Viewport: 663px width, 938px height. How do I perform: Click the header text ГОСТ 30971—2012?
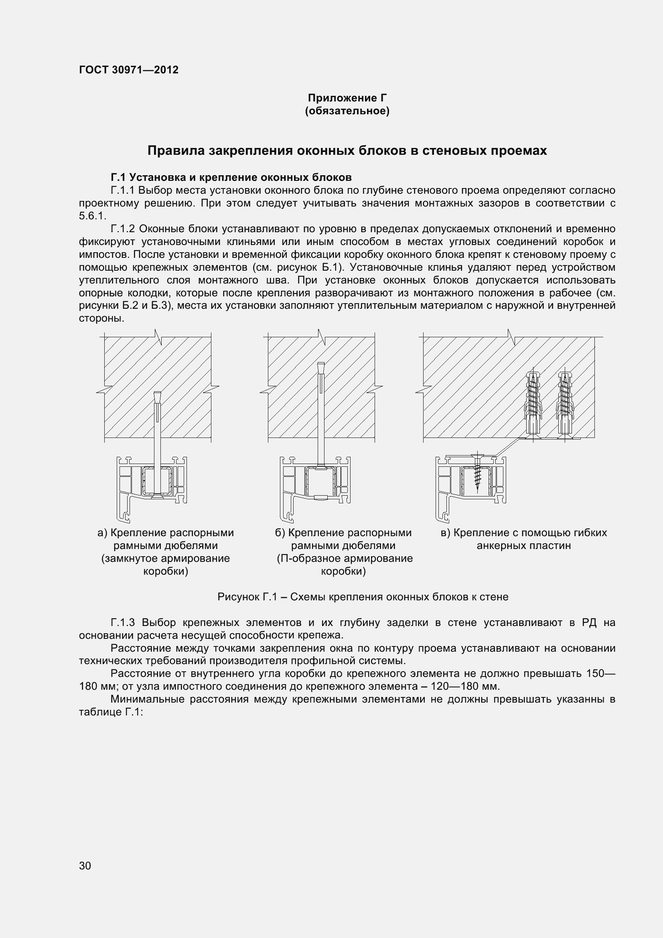129,70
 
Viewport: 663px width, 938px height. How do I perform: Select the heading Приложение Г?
347,98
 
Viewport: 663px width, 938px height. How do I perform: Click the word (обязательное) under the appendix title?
347,111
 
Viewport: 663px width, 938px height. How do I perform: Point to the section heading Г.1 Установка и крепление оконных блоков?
231,177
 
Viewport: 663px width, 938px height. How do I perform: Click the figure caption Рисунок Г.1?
363,597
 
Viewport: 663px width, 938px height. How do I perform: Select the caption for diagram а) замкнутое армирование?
165,551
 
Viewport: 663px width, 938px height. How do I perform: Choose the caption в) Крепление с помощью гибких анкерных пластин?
524,539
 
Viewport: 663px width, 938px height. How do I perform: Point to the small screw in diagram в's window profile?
477,472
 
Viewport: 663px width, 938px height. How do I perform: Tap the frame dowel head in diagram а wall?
158,396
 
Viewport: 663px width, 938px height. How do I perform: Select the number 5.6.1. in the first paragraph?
92,216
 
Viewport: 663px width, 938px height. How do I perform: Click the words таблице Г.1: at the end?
110,712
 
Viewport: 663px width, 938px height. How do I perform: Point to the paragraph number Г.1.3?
123,623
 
